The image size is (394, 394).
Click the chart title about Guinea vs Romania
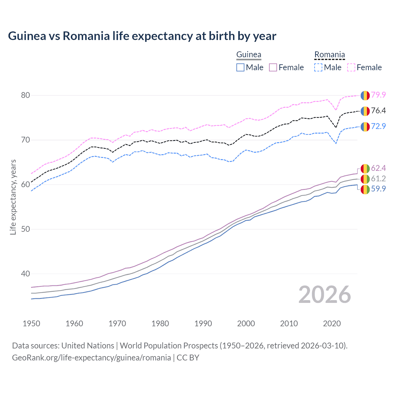click(x=142, y=36)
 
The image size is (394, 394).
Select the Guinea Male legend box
click(x=240, y=67)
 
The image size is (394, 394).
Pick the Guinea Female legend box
click(x=273, y=67)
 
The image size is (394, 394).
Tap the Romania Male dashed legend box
click(x=318, y=67)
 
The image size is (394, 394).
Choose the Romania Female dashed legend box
click(x=351, y=67)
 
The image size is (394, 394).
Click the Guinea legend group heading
click(x=249, y=55)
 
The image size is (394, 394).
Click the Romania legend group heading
click(x=329, y=55)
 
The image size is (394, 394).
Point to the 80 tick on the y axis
click(x=26, y=95)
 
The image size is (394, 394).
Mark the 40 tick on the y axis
click(x=26, y=274)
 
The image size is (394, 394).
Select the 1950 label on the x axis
click(x=31, y=324)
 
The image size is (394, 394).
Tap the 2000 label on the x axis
click(x=246, y=324)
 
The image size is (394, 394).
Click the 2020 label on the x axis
click(x=332, y=324)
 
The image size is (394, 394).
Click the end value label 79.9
click(x=378, y=95)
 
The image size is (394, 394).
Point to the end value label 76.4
click(x=378, y=111)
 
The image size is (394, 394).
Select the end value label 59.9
click(x=378, y=189)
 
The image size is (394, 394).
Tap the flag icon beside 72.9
click(x=365, y=127)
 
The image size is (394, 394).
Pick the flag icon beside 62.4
click(x=365, y=168)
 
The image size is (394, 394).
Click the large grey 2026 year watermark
click(x=325, y=295)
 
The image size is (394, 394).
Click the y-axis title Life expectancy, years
click(x=13, y=197)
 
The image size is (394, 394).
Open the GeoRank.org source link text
click(x=91, y=358)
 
